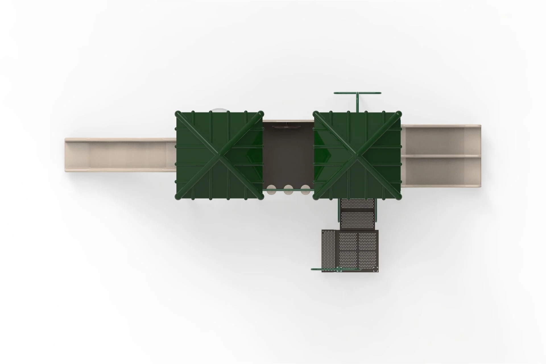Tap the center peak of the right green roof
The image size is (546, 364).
tap(357, 155)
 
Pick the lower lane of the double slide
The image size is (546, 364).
tap(441, 171)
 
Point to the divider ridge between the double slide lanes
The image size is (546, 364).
tap(441, 156)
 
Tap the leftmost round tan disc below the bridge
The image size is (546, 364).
tap(272, 189)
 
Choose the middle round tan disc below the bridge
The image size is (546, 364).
tap(288, 189)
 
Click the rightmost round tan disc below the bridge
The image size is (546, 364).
tap(305, 189)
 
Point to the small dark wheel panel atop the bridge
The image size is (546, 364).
tap(288, 127)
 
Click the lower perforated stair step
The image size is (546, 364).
tap(357, 220)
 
